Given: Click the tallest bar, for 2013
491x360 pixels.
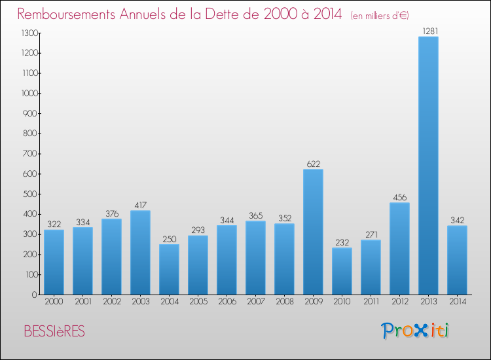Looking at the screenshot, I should [x=428, y=166].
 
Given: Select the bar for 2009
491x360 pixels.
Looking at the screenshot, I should [x=313, y=232].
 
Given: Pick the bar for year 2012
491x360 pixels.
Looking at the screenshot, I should [x=399, y=248].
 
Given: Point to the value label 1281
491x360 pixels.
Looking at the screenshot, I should [x=428, y=31].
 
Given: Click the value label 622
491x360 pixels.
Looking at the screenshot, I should [x=313, y=164].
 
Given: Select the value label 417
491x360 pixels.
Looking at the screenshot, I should [x=140, y=205].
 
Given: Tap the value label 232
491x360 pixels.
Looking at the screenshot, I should [x=342, y=242].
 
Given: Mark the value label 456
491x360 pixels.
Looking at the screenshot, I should [x=399, y=197].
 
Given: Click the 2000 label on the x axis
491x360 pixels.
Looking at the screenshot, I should [x=54, y=302].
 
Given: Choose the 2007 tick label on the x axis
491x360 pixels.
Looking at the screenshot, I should [x=255, y=302].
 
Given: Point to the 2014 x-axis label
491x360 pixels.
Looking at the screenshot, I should [x=457, y=302].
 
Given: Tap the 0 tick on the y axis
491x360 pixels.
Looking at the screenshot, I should [x=37, y=295].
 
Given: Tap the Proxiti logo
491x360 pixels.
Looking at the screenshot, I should [x=416, y=331].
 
